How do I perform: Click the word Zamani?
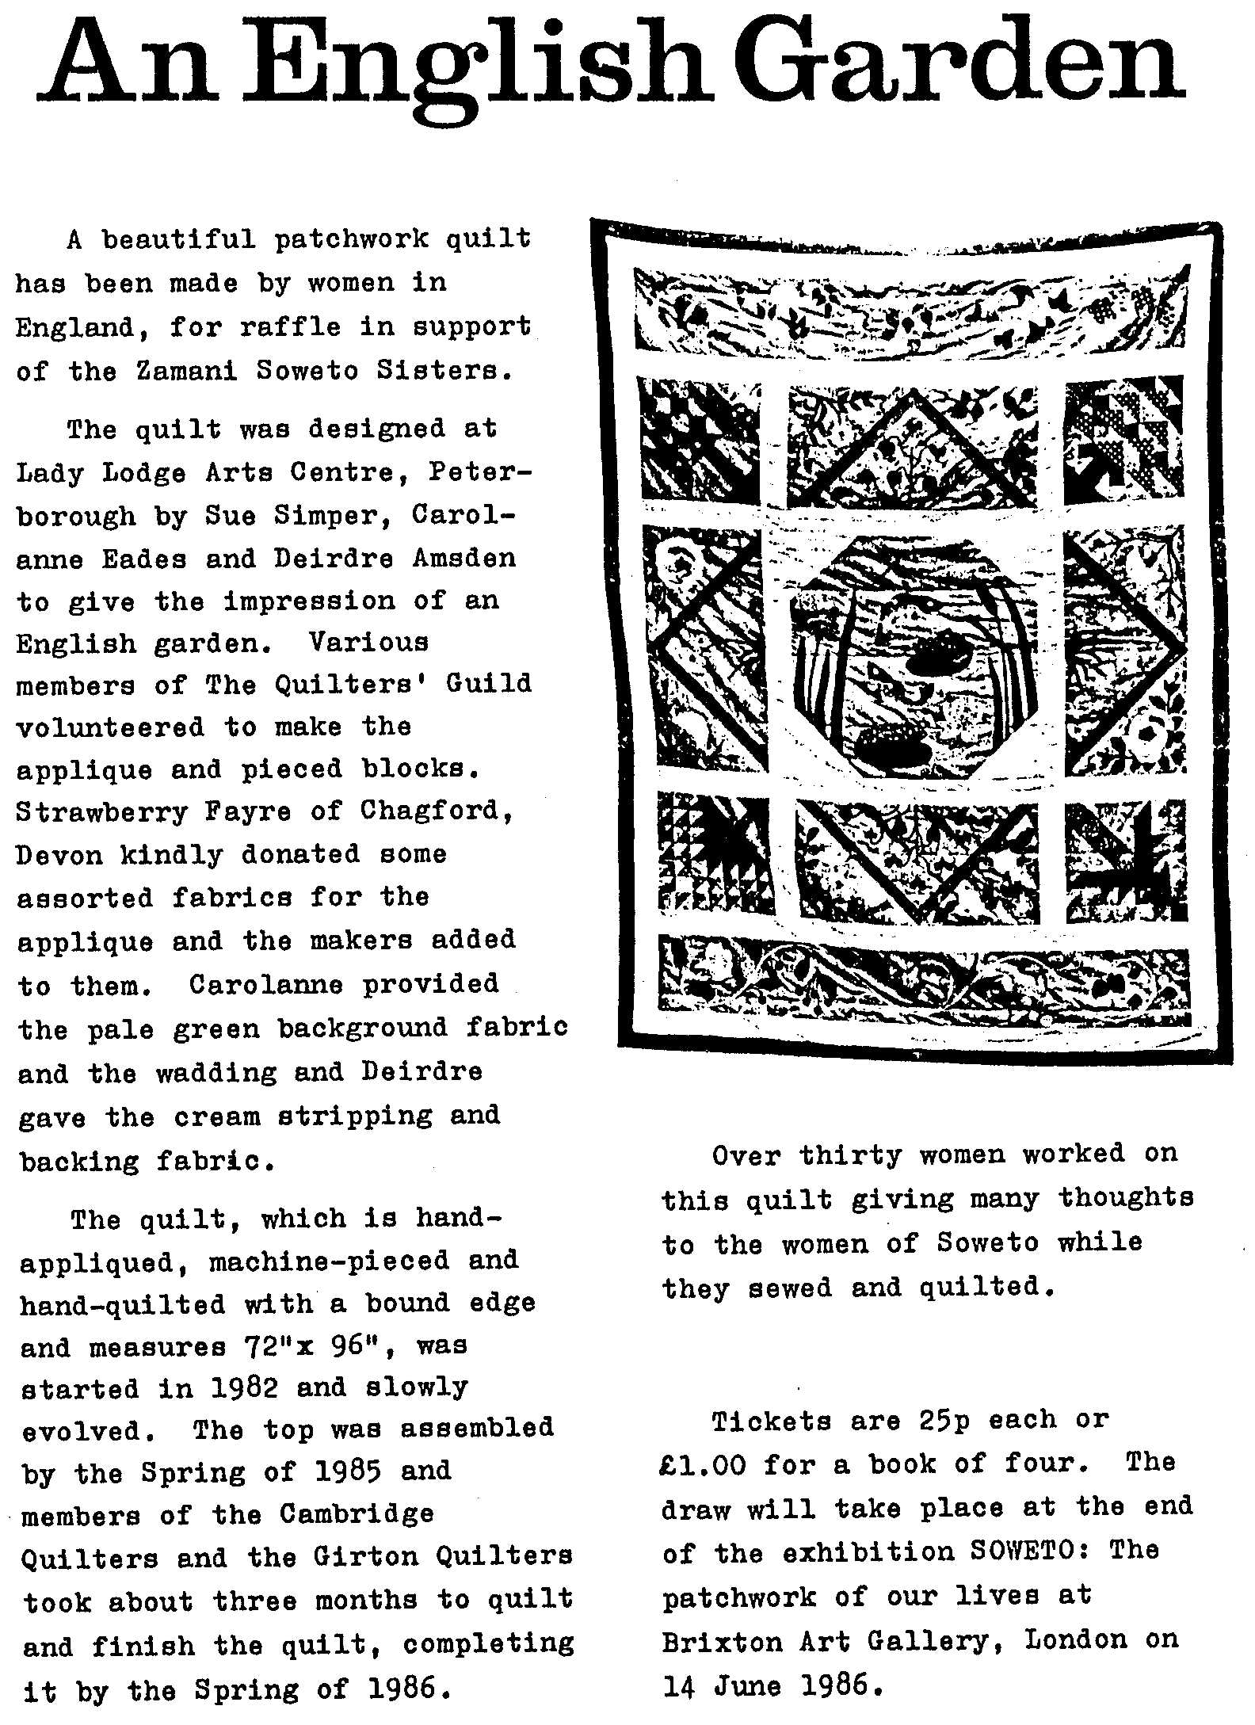187,371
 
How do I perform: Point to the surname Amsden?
463,559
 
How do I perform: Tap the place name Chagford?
436,811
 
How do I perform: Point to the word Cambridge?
357,1514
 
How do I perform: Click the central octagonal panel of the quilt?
916,657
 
